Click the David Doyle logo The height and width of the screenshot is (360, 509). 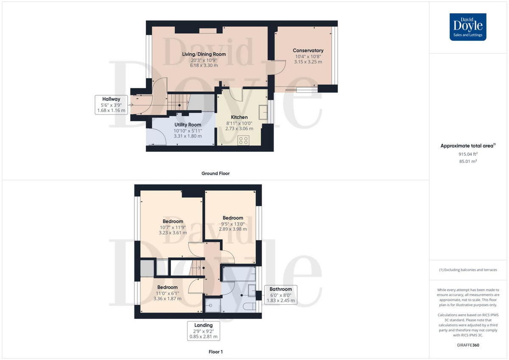[468, 27]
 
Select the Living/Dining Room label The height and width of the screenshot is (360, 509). [204, 54]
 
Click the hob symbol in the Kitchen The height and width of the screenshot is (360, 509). [243, 141]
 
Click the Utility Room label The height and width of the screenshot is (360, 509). [187, 125]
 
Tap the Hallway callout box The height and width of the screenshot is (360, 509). [112, 105]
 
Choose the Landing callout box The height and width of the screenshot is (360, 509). [204, 331]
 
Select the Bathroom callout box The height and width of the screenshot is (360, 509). [280, 295]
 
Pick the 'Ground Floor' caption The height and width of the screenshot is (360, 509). [216, 173]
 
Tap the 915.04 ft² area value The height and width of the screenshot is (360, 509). [468, 154]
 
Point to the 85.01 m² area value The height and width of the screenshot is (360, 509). [468, 162]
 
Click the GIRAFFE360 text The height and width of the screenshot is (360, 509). [468, 345]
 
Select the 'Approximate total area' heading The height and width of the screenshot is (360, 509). [467, 146]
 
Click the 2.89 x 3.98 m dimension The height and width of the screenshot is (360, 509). [233, 229]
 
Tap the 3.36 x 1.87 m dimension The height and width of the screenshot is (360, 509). [167, 299]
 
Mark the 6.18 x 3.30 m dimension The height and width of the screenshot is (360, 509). [204, 65]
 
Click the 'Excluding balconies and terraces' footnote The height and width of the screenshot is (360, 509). [468, 270]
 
